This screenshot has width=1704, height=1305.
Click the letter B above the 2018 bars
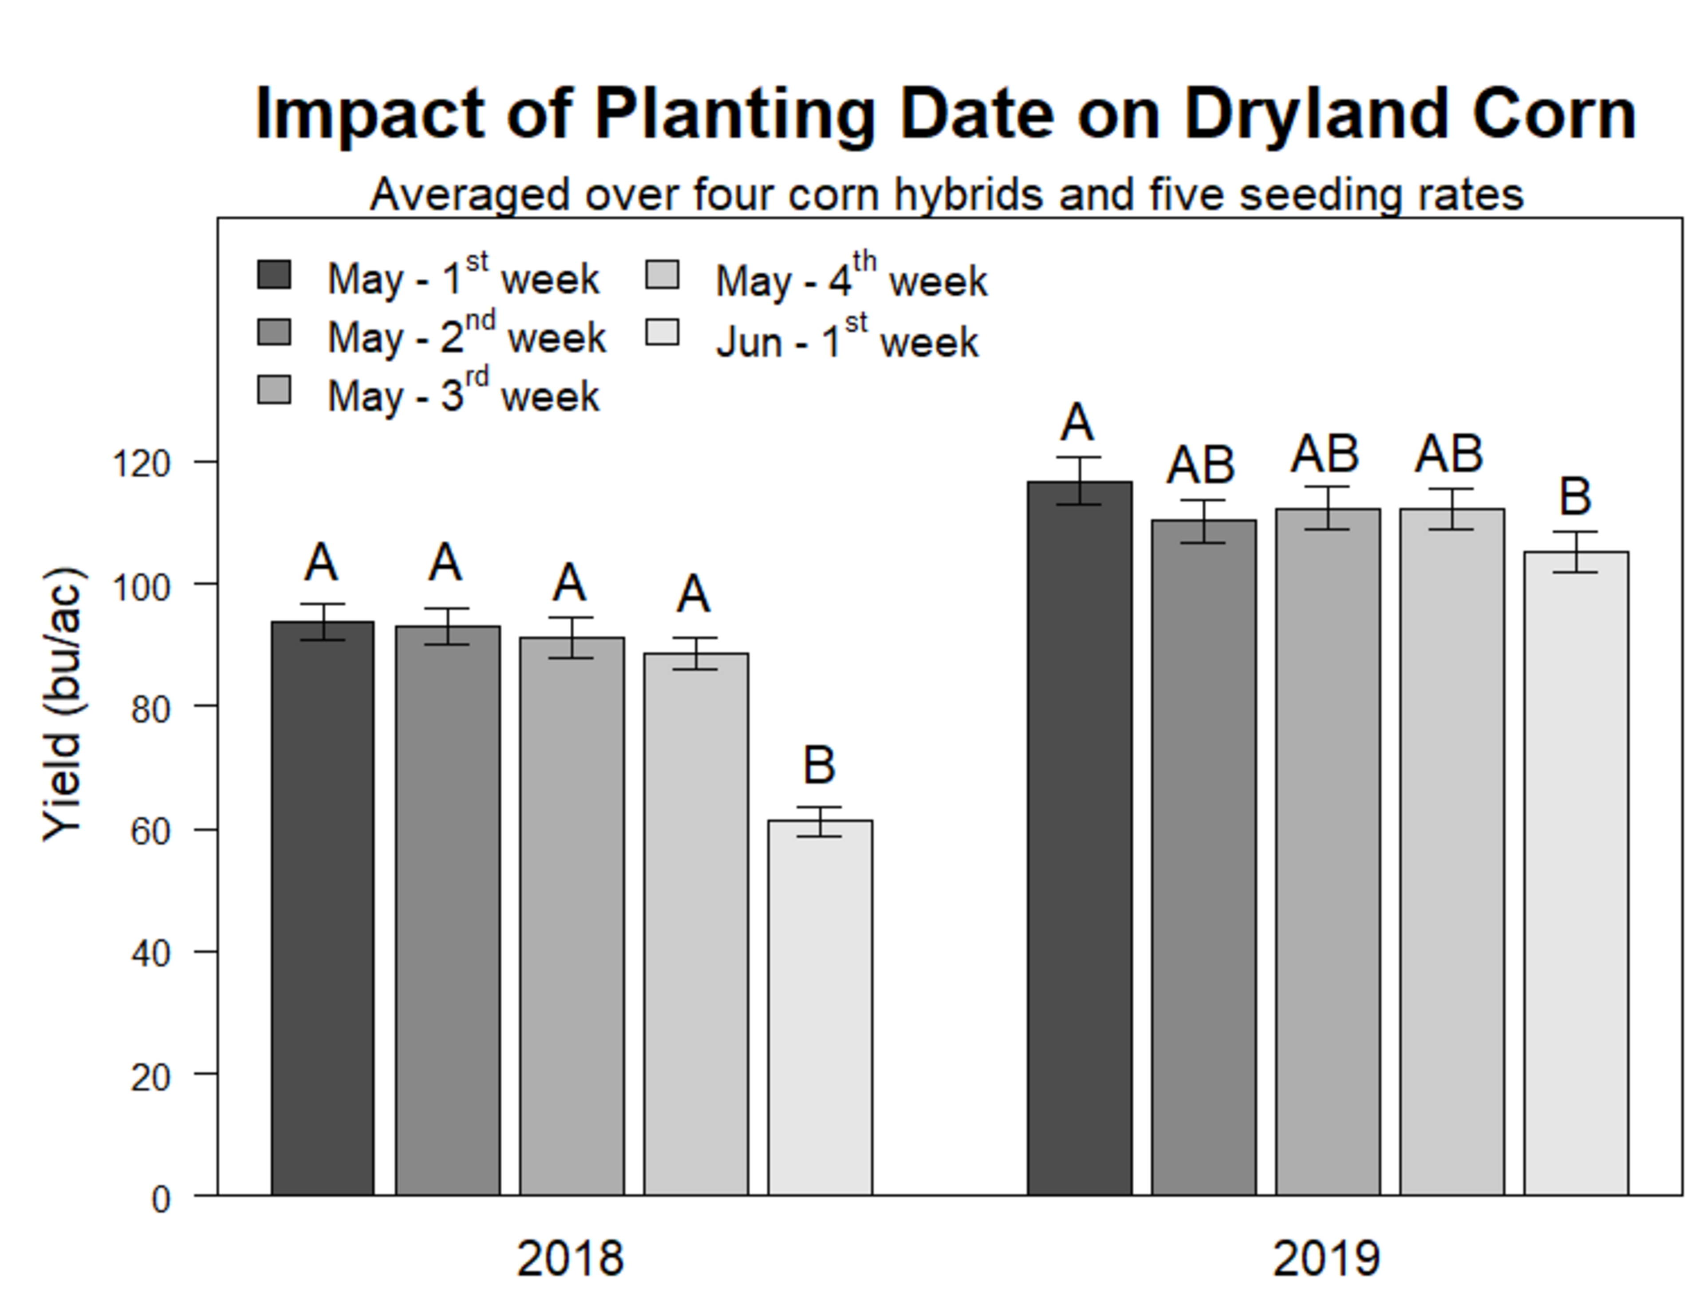click(x=819, y=765)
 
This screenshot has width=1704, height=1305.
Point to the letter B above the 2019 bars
click(x=1576, y=497)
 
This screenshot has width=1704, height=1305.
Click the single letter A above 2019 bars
click(x=1077, y=423)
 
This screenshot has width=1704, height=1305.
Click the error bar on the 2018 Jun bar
click(x=819, y=822)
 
